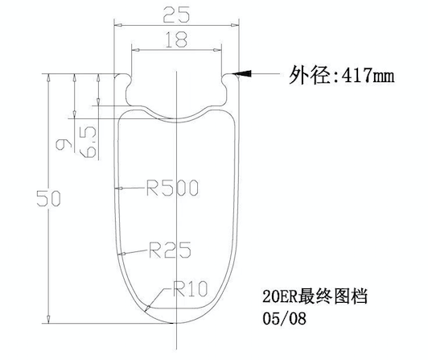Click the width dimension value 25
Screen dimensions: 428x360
[x=176, y=14]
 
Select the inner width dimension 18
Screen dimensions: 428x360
[x=176, y=39]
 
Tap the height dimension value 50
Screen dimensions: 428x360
[x=48, y=199]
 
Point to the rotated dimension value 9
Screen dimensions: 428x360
[x=64, y=144]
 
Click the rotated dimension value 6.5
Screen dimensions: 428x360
[x=88, y=142]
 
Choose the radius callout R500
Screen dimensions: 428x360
[x=172, y=188]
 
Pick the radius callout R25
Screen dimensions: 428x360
[x=170, y=250]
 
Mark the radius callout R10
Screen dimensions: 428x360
[x=190, y=288]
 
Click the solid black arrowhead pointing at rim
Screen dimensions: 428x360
[x=242, y=74]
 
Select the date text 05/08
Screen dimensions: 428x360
[x=285, y=318]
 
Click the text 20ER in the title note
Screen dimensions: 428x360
[x=280, y=296]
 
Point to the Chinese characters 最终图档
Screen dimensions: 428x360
[x=333, y=296]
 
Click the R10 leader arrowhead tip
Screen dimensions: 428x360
[x=145, y=311]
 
